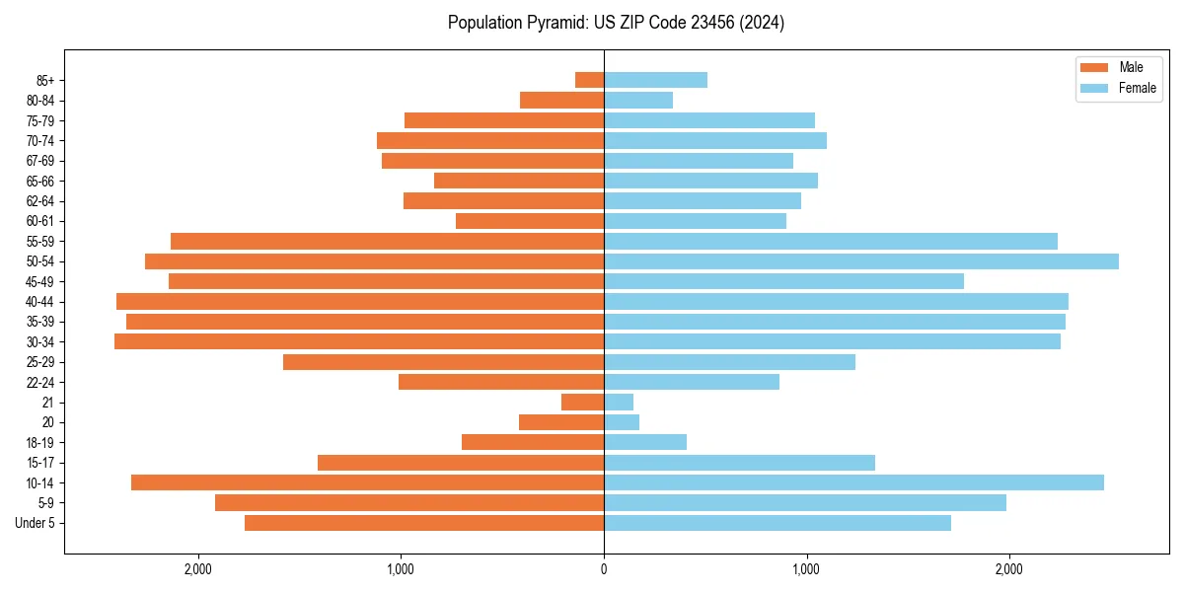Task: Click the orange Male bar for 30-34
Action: [x=359, y=341]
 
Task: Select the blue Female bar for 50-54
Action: [x=860, y=261]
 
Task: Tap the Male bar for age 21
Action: [x=582, y=402]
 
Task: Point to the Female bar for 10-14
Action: [x=853, y=482]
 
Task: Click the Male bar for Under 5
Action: [x=424, y=523]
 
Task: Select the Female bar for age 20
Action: [x=622, y=422]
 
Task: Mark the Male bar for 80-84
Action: [x=561, y=101]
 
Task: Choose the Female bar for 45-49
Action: [x=783, y=281]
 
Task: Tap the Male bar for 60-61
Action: [x=530, y=221]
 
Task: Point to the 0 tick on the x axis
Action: [x=604, y=569]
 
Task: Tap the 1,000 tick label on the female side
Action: [x=806, y=569]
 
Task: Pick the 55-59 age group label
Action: [x=40, y=242]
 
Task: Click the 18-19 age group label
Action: [x=40, y=443]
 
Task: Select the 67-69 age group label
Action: [x=40, y=161]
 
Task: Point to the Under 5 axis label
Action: [x=36, y=523]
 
